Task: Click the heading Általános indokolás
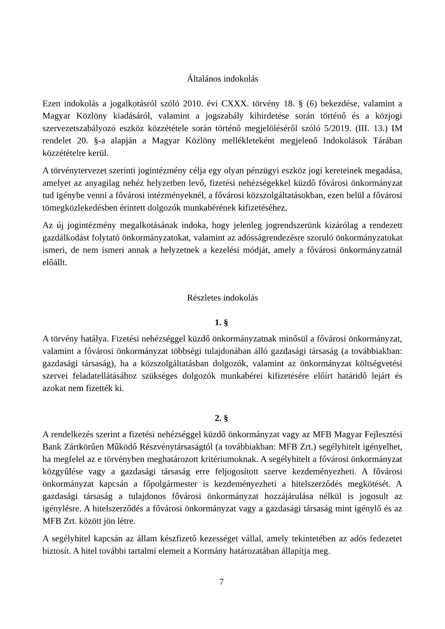click(x=222, y=79)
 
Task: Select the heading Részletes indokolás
click(x=222, y=298)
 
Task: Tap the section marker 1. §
click(x=222, y=322)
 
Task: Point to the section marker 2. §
click(x=222, y=418)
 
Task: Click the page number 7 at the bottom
click(x=222, y=582)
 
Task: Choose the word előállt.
click(x=55, y=262)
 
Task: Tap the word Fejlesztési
click(x=384, y=434)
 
